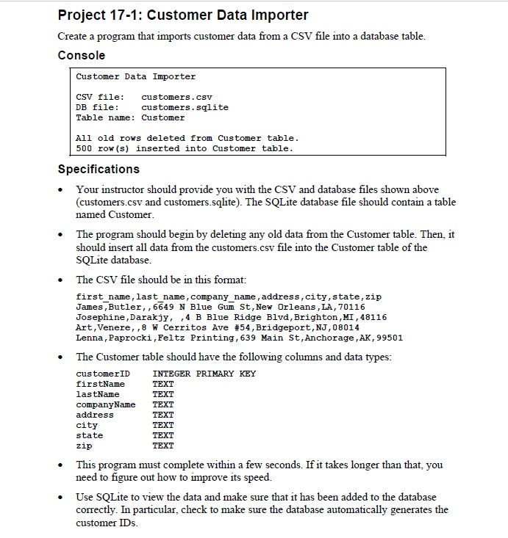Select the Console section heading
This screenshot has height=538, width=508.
[82, 56]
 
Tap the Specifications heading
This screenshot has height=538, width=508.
[99, 170]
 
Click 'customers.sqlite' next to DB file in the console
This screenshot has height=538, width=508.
[185, 107]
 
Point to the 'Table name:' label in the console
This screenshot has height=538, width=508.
[105, 117]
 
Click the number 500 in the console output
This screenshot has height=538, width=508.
[85, 148]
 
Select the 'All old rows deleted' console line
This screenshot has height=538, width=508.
[187, 138]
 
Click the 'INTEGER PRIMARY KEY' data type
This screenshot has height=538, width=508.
[204, 374]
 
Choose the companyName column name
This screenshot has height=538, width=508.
[106, 404]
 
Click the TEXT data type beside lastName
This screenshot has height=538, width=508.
[162, 394]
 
